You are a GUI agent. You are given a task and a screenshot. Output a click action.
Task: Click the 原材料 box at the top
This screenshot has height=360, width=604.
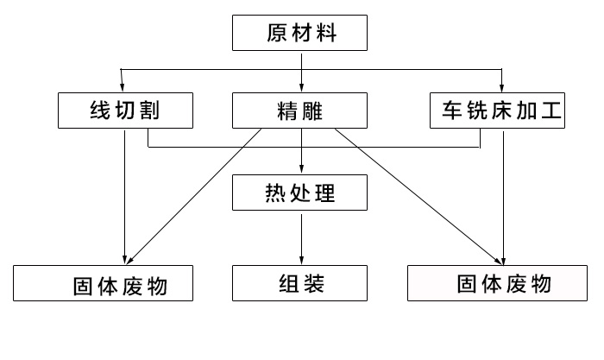301,35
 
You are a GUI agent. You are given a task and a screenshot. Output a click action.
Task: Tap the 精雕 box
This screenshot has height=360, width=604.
301,111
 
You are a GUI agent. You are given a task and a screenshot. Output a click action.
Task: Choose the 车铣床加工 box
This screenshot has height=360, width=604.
498,111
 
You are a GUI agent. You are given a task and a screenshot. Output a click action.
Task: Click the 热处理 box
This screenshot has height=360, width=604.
301,193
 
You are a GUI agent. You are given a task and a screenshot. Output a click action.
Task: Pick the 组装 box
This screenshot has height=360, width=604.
301,283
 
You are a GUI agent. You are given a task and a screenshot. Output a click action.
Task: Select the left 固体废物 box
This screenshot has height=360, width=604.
103,284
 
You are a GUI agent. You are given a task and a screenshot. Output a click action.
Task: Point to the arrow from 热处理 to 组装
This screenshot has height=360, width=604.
301,237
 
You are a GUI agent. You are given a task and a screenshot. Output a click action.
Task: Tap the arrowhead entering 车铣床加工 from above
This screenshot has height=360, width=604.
502,87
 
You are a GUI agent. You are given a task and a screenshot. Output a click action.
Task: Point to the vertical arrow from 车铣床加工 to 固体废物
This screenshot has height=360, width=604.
502,199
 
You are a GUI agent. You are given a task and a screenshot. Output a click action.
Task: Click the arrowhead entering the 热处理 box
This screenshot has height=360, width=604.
301,170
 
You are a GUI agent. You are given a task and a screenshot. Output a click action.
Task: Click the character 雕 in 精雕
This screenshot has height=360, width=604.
314,111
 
